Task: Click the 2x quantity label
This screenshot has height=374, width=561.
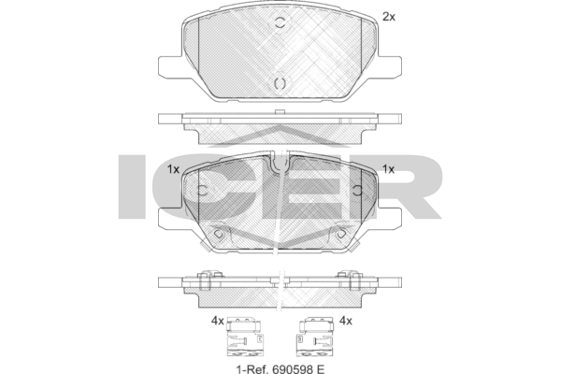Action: [388, 16]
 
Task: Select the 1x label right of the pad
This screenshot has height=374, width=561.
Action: [389, 169]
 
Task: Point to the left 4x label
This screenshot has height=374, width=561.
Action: [218, 321]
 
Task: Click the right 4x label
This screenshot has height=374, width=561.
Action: [345, 321]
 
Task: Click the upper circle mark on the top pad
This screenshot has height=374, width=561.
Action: [280, 24]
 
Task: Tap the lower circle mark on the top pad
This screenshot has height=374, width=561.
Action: [279, 84]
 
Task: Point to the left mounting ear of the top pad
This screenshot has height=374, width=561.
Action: [171, 66]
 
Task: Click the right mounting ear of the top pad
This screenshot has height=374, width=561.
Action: [388, 66]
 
